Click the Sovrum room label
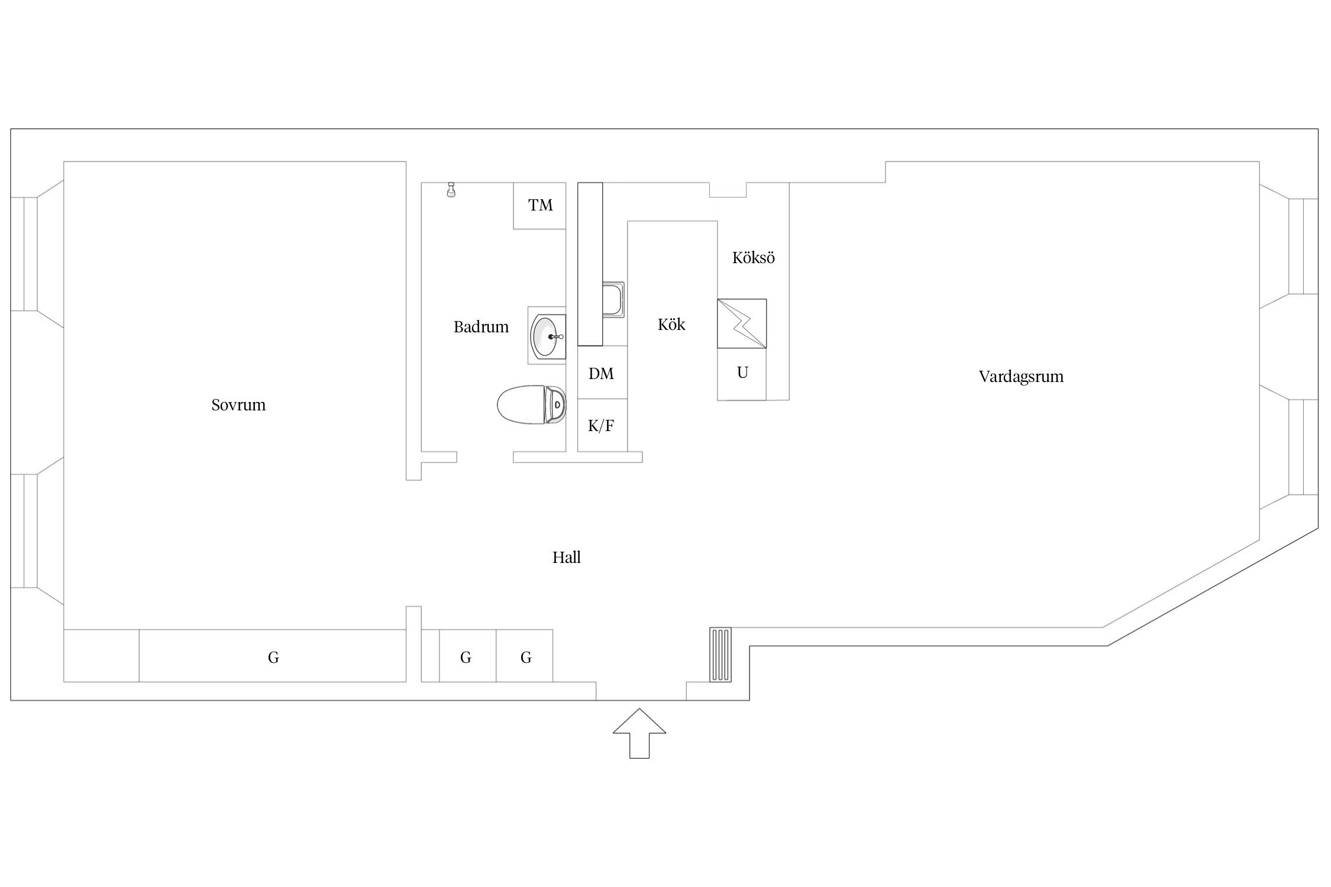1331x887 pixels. point(238,405)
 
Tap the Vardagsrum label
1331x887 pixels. point(1021,377)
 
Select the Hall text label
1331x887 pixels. point(566,557)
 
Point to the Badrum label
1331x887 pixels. point(481,327)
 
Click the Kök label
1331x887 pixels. point(671,324)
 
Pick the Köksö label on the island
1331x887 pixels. point(753,258)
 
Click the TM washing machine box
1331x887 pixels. point(539,205)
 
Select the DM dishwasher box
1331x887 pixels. point(602,372)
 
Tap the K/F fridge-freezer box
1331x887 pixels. point(602,425)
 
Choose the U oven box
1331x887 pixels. point(742,374)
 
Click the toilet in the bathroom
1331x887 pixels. point(531,404)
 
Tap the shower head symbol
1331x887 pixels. point(451,190)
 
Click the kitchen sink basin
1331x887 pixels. point(613,300)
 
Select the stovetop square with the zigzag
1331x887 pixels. point(742,323)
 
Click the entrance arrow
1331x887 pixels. point(639,733)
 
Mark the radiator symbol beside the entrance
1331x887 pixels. point(721,655)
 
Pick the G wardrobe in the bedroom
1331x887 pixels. point(273,656)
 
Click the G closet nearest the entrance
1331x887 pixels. point(525,656)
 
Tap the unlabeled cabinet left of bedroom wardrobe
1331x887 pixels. point(101,656)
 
